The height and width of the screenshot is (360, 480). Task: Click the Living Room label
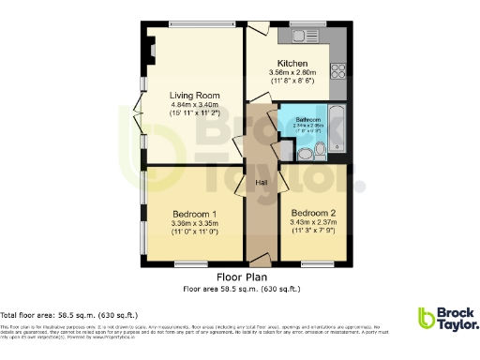coord(194,95)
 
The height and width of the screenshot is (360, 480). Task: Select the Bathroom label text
coord(308,121)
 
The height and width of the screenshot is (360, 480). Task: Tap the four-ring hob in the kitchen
coord(339,70)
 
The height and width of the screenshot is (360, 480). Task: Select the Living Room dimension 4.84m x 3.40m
coord(194,104)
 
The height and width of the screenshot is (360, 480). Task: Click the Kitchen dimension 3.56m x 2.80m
coord(292,72)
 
